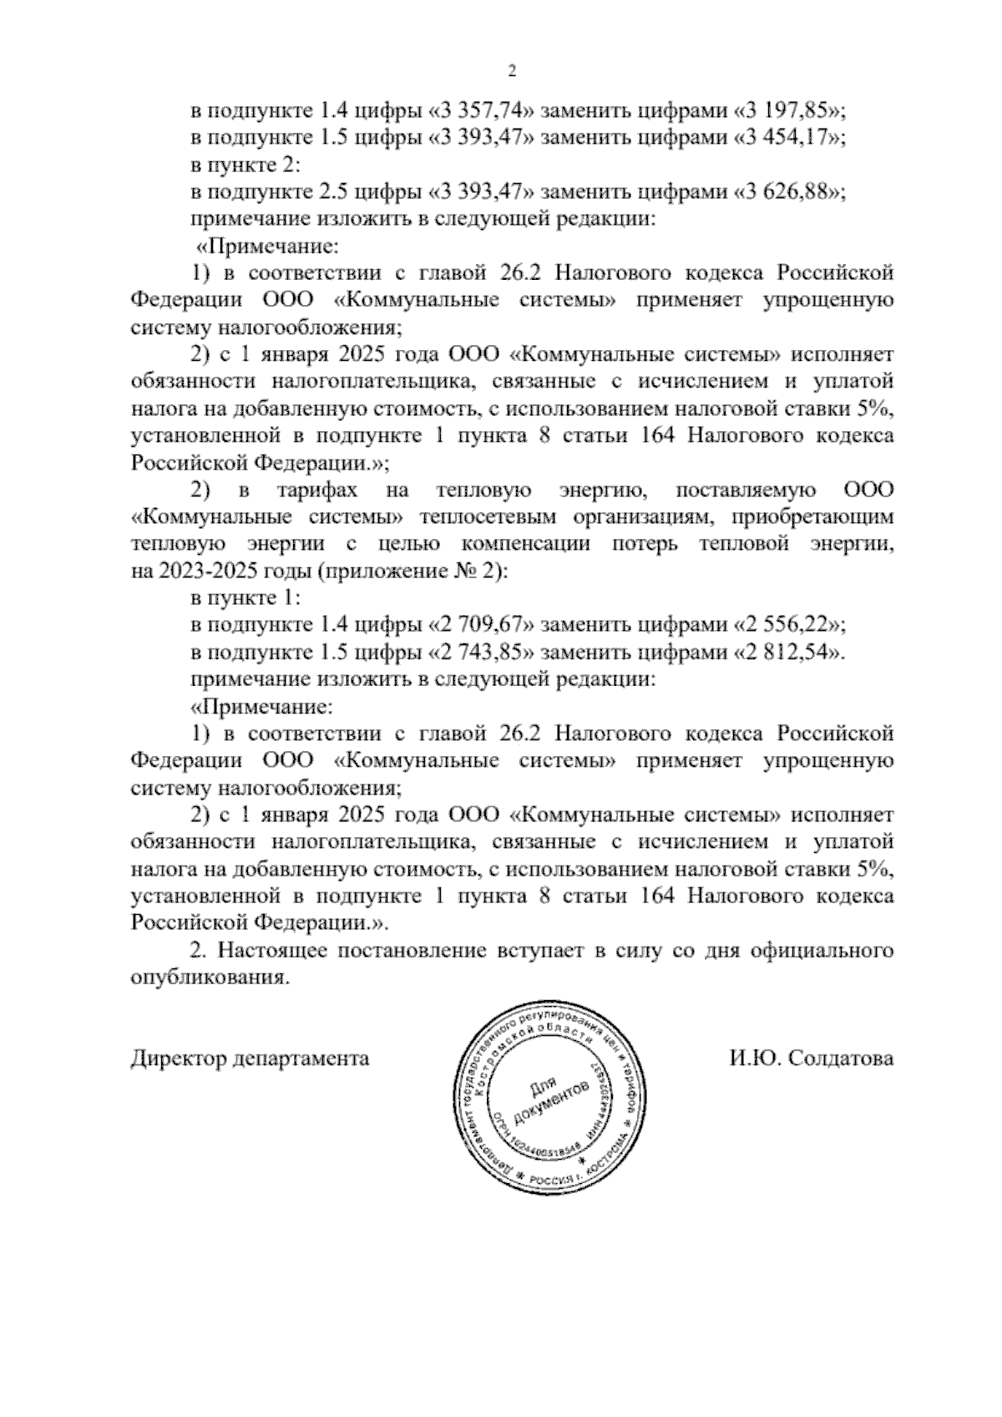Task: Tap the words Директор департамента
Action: click(250, 1059)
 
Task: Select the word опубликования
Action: click(210, 978)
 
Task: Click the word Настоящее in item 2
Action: click(276, 951)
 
